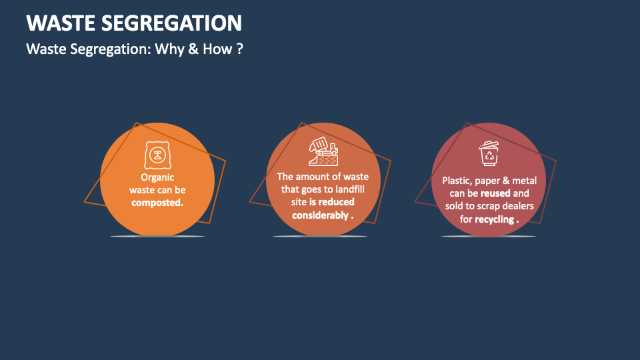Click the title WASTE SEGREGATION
[134, 23]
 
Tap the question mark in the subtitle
[239, 49]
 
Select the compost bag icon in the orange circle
[157, 155]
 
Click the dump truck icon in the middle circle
[323, 151]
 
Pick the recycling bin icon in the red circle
[489, 153]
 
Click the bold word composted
[157, 203]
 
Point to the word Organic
[157, 177]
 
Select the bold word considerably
[320, 215]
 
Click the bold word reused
[495, 193]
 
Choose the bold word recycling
[494, 219]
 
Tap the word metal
[523, 181]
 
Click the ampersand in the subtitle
[193, 49]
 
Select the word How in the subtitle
[217, 49]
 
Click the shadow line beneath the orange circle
[157, 237]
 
